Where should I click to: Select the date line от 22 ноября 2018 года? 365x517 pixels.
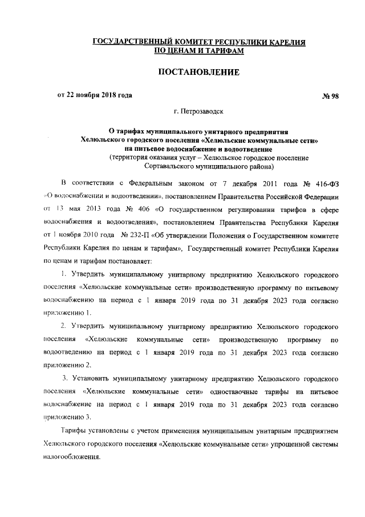(x=95, y=95)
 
